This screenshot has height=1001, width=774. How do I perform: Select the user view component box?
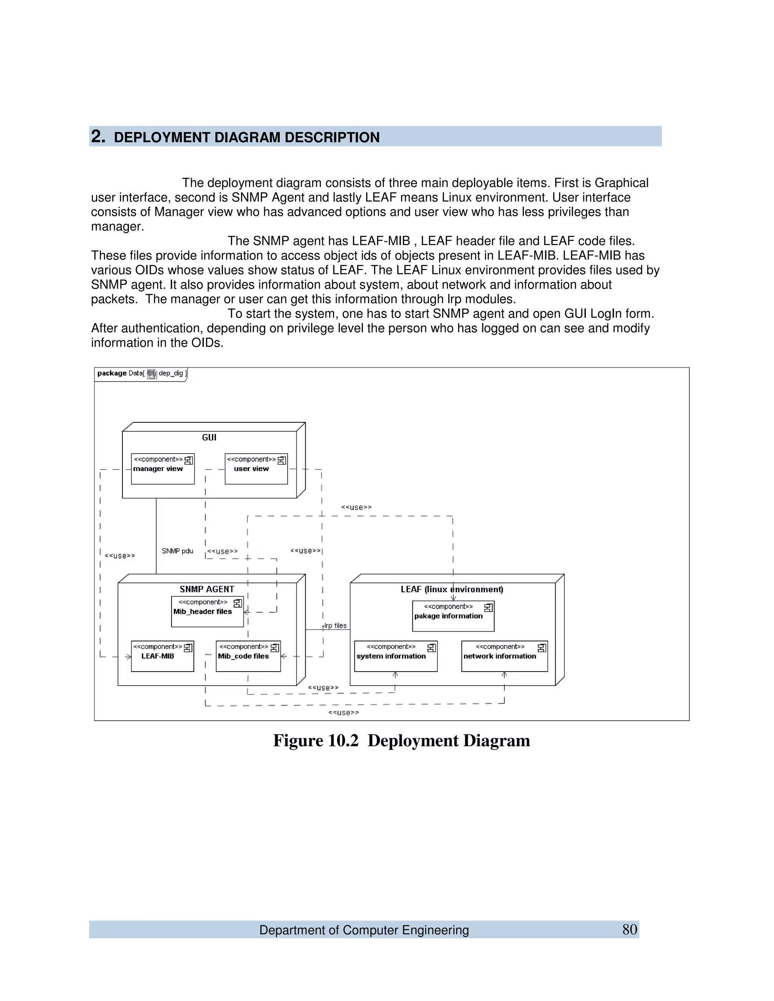pyautogui.click(x=256, y=469)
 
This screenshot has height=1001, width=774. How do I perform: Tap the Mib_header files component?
pyautogui.click(x=207, y=612)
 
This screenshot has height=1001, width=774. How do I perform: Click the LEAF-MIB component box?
pyautogui.click(x=162, y=657)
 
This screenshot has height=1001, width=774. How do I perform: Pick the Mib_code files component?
pyautogui.click(x=248, y=657)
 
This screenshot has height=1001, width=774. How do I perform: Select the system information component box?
pyautogui.click(x=395, y=657)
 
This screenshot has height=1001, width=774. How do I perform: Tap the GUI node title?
pyautogui.click(x=209, y=438)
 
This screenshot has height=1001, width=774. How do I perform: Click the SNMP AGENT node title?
pyautogui.click(x=207, y=589)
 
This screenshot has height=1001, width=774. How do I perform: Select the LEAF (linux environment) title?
pyautogui.click(x=452, y=589)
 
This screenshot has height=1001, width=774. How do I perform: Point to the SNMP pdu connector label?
pyautogui.click(x=178, y=551)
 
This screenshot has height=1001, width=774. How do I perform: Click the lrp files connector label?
pyautogui.click(x=335, y=626)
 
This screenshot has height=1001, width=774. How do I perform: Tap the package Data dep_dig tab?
pyautogui.click(x=141, y=374)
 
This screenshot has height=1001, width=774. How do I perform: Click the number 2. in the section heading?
pyautogui.click(x=98, y=137)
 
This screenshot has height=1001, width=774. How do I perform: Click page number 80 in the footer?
pyautogui.click(x=630, y=930)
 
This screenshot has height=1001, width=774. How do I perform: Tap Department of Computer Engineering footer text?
pyautogui.click(x=364, y=930)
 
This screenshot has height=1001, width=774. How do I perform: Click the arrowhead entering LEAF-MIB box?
pyautogui.click(x=129, y=657)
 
